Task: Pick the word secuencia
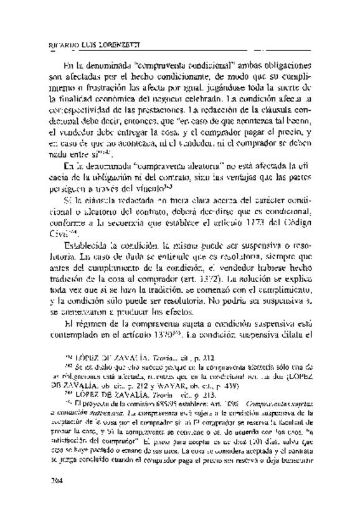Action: (x=124, y=221)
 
